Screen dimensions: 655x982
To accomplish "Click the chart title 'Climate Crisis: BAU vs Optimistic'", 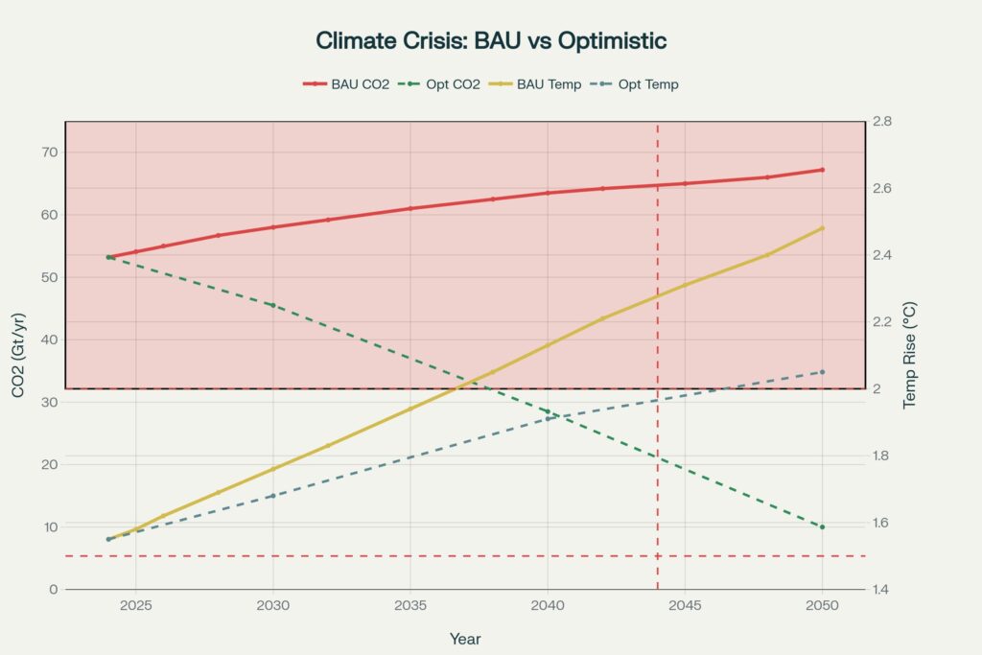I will pyautogui.click(x=490, y=41).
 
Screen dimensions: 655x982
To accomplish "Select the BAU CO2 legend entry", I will pyautogui.click(x=346, y=84).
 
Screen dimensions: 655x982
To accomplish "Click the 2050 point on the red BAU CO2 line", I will pyautogui.click(x=822, y=170).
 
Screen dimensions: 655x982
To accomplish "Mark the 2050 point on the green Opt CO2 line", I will pyautogui.click(x=822, y=526).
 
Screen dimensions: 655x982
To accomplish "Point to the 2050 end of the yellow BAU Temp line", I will pyautogui.click(x=822, y=228).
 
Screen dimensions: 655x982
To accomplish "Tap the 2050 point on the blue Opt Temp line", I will pyautogui.click(x=822, y=372).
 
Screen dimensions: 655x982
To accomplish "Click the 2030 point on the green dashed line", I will pyautogui.click(x=273, y=305).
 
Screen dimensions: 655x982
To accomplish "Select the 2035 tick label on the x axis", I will pyautogui.click(x=410, y=606).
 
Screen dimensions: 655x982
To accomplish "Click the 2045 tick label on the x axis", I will pyautogui.click(x=685, y=606).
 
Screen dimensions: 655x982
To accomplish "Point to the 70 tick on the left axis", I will pyautogui.click(x=49, y=152).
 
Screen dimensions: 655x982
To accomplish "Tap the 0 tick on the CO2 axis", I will pyautogui.click(x=54, y=589).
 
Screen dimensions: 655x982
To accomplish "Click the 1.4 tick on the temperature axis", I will pyautogui.click(x=882, y=589).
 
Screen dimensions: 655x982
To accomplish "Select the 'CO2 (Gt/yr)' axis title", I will pyautogui.click(x=18, y=355).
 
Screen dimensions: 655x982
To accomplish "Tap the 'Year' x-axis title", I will pyautogui.click(x=465, y=639).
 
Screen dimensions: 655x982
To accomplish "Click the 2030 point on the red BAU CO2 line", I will pyautogui.click(x=273, y=227).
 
